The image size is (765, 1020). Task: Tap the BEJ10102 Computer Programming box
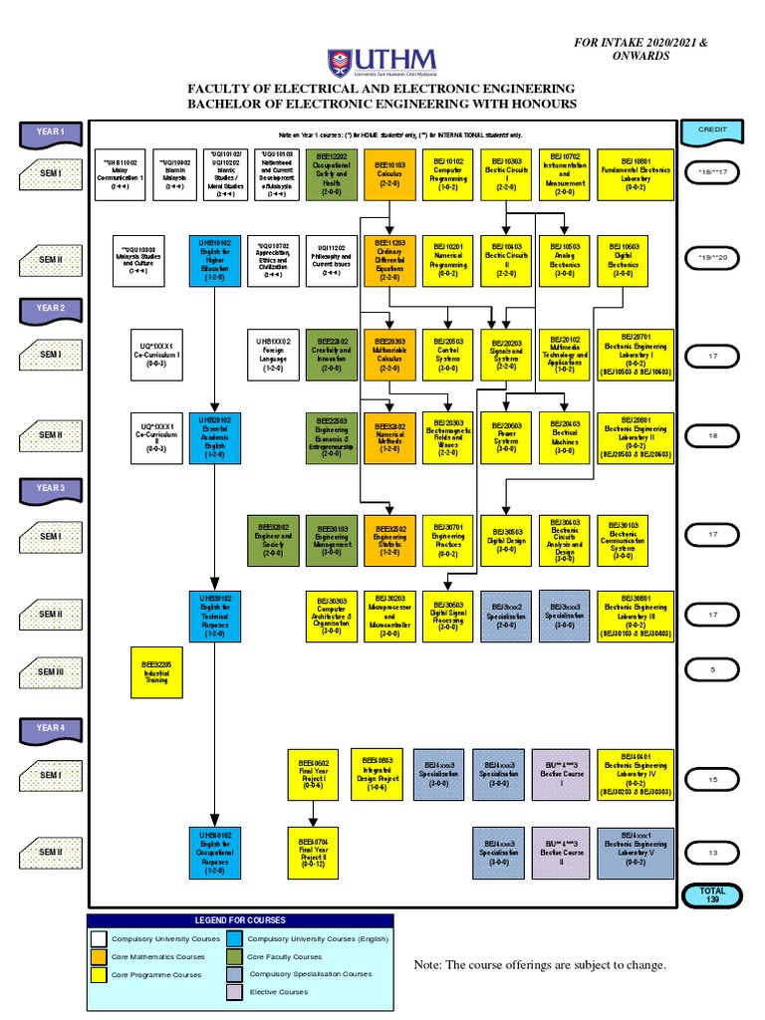448,174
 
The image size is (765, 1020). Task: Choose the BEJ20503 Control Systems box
448,354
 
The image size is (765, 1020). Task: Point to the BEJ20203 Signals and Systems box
507,354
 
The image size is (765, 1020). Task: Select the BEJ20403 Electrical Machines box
565,438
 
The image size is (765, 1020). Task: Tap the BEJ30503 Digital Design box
507,539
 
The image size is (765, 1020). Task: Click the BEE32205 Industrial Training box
156,672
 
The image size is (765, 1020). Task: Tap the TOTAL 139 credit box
713,895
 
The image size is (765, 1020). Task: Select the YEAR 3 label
51,488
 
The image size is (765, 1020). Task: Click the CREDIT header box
713,130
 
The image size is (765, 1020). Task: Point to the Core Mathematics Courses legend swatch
98,956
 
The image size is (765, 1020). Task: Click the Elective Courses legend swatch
234,992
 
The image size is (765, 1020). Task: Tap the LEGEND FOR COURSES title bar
240,919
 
